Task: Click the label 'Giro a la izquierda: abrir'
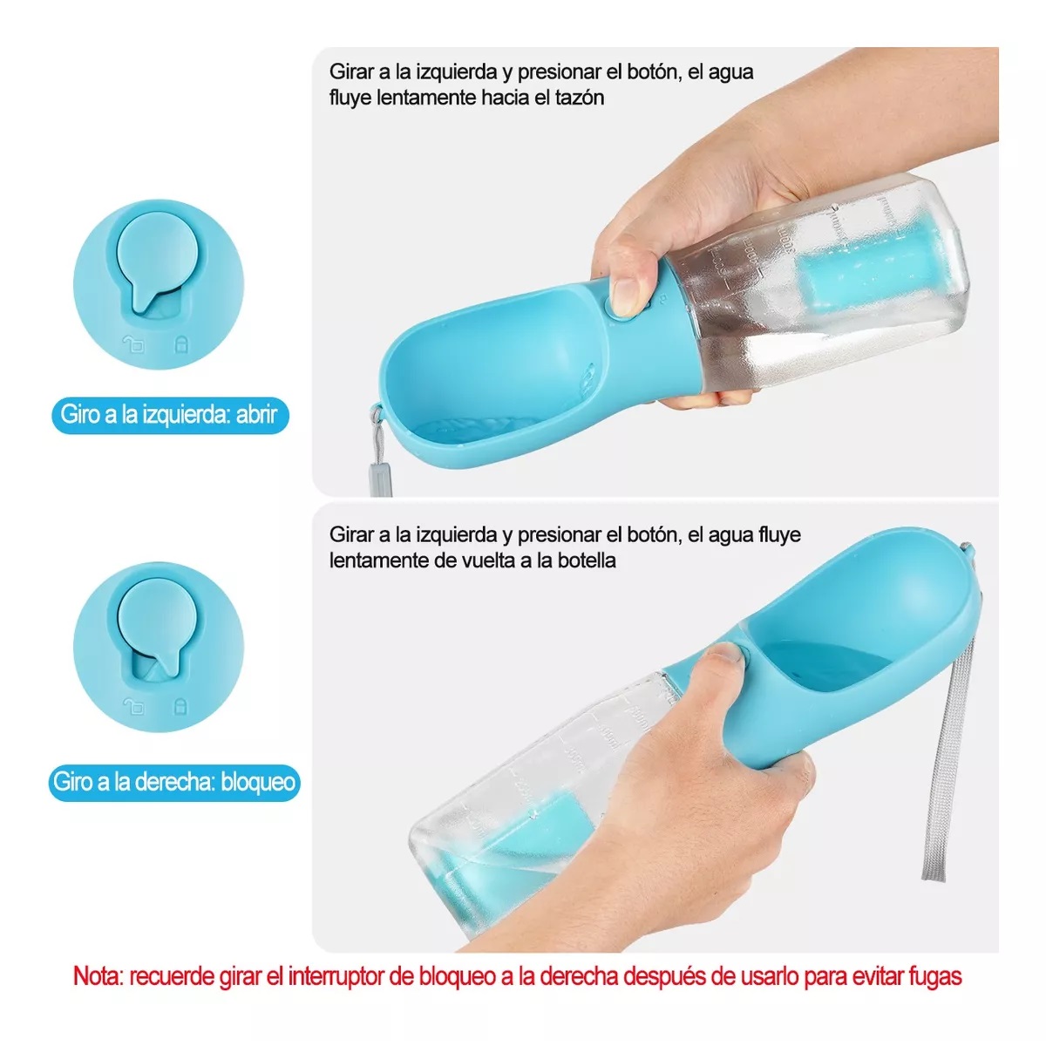(x=169, y=414)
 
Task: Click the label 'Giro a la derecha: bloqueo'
(x=173, y=782)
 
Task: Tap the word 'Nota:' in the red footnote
(x=98, y=975)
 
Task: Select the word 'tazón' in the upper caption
(x=579, y=98)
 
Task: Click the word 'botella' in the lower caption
(x=583, y=560)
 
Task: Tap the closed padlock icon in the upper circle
(x=181, y=344)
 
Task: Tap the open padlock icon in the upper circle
(x=133, y=344)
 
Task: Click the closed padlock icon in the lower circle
(x=181, y=704)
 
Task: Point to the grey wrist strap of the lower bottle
(x=946, y=767)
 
